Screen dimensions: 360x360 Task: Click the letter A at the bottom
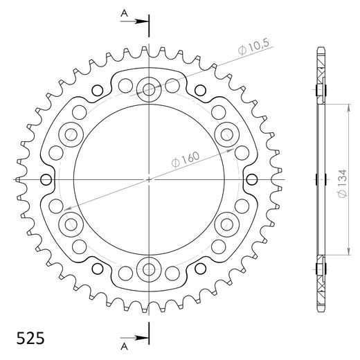point(123,346)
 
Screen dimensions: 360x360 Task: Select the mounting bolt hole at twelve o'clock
point(149,87)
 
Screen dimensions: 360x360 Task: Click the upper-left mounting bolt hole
point(71,133)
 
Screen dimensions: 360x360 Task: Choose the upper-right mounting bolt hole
point(227,133)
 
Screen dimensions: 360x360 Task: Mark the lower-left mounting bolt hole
point(71,223)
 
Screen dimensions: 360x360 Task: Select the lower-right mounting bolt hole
point(227,223)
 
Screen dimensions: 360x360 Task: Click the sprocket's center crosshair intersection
point(149,179)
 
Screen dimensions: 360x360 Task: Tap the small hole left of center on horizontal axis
point(47,179)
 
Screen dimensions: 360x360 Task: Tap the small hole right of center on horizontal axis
point(251,179)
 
